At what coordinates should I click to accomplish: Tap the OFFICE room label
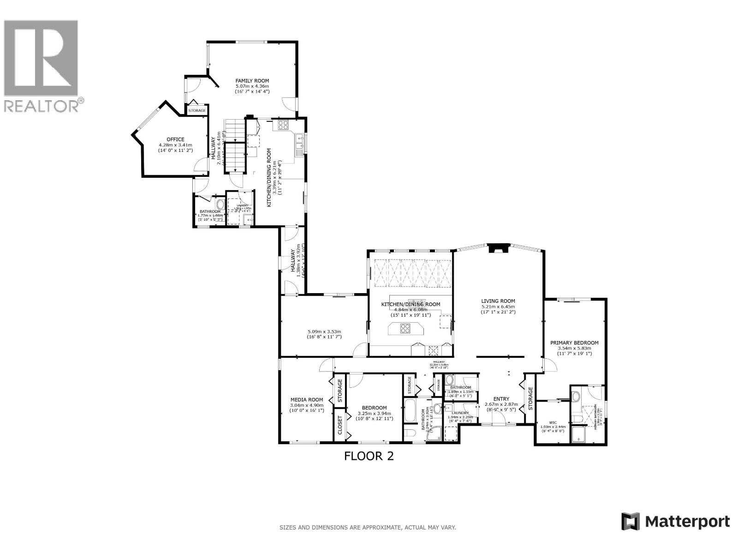coord(175,139)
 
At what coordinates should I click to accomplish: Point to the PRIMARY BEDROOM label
coord(574,343)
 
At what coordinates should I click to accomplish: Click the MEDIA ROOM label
coord(307,400)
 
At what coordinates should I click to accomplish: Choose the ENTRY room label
coord(501,399)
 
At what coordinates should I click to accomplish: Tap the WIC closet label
coord(553,422)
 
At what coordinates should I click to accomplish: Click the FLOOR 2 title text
coord(369,456)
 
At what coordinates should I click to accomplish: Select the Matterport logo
coord(675,522)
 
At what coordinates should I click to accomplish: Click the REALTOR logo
coord(42,65)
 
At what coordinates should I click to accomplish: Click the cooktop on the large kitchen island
coord(405,329)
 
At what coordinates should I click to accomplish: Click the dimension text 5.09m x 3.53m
coord(324,331)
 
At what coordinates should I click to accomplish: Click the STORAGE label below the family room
coord(197,111)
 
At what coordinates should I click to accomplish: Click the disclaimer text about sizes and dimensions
coord(368,527)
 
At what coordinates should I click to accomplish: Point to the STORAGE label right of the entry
coord(530,398)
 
